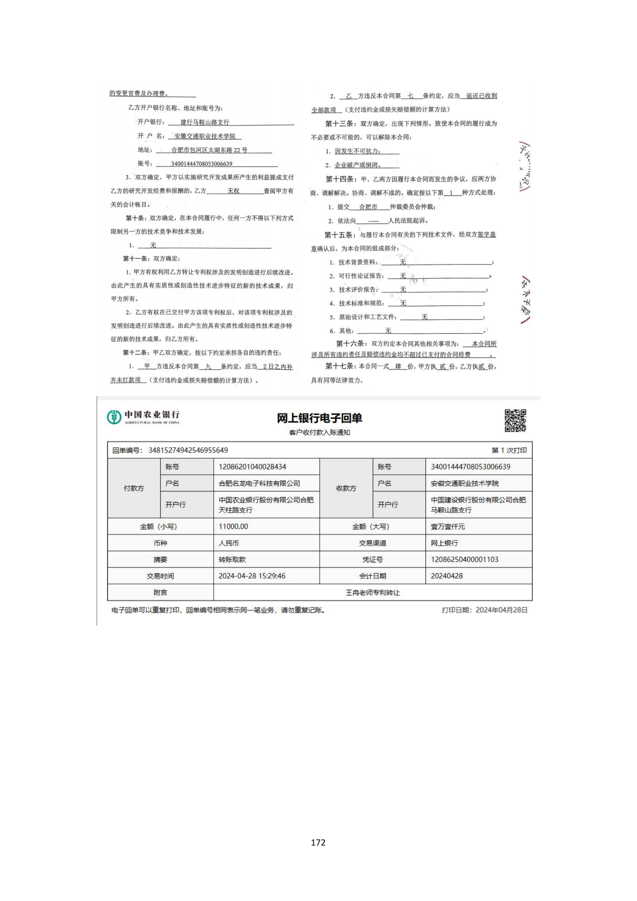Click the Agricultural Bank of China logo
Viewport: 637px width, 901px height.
[x=143, y=417]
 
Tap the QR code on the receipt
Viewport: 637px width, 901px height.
[x=515, y=420]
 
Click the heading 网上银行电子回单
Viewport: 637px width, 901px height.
[x=319, y=418]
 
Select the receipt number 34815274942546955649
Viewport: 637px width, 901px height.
[x=188, y=450]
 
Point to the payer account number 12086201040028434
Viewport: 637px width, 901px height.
[x=252, y=466]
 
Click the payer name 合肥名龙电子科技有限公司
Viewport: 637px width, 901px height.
[x=259, y=483]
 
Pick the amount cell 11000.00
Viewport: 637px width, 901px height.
[x=233, y=527]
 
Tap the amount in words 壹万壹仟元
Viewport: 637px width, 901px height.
[x=448, y=527]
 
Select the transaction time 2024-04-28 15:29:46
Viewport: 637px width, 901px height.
[x=252, y=576]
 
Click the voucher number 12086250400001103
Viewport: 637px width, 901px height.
[x=464, y=560]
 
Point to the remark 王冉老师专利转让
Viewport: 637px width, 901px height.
[x=372, y=592]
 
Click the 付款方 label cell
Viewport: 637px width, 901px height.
[x=134, y=488]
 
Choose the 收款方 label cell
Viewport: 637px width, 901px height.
[x=346, y=488]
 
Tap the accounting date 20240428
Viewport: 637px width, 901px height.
[x=447, y=576]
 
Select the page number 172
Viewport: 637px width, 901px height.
[x=318, y=842]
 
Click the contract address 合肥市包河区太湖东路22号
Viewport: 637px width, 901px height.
[x=210, y=150]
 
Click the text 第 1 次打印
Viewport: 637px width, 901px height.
[x=509, y=450]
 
